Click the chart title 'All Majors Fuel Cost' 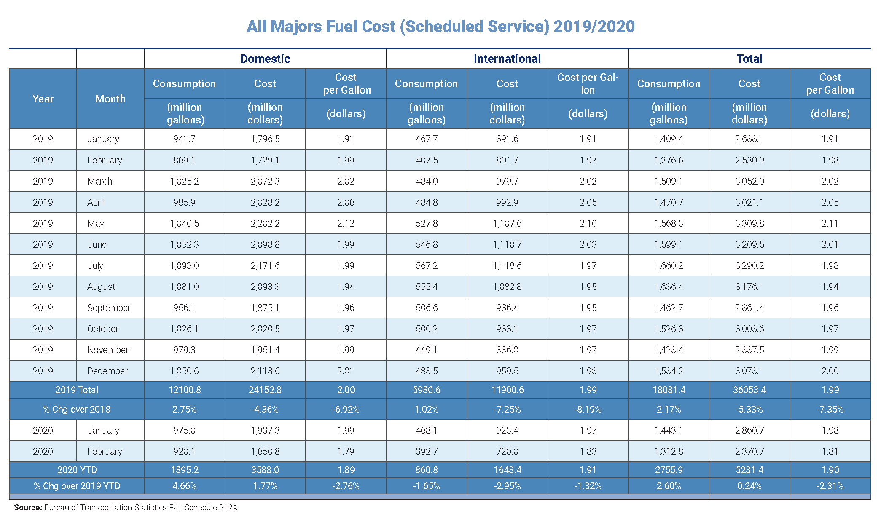pos(440,27)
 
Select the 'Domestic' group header pos(265,59)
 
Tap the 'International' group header pos(507,59)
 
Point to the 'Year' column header pos(43,99)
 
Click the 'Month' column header pos(110,99)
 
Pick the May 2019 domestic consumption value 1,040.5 pos(184,223)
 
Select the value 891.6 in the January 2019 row pos(507,139)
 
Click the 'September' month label pos(109,308)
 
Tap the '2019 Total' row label pos(77,390)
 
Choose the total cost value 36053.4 pos(749,390)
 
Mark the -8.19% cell pos(588,409)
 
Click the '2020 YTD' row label pos(77,470)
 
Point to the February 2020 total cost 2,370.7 pos(749,451)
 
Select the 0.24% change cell pos(749,486)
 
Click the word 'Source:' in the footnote pos(28,507)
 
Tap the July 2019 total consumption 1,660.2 pos(669,265)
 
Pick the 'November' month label pos(108,350)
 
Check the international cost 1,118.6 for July pos(507,265)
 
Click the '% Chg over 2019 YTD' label pos(77,486)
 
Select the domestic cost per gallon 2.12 pos(346,223)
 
